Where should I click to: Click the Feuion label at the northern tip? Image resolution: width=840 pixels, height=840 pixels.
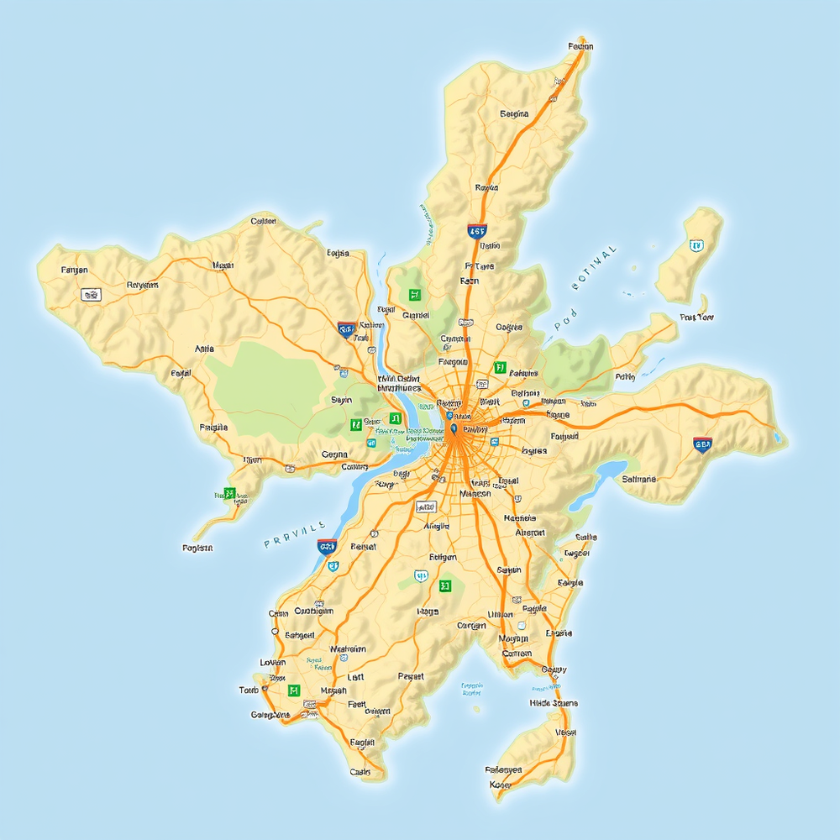pos(580,47)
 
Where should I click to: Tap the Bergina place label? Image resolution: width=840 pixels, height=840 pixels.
pos(514,113)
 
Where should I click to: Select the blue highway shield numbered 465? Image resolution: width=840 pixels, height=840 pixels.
pos(477,231)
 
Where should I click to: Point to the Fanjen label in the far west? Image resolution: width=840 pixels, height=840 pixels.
pos(75,270)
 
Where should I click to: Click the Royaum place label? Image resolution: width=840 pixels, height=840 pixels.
pos(142,285)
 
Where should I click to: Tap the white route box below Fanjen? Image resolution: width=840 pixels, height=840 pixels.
pos(90,295)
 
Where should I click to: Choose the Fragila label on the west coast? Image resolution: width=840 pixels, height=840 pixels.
pos(213,428)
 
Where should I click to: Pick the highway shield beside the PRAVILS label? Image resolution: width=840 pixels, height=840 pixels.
pos(327,546)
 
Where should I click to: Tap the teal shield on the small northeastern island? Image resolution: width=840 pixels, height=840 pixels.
pos(695,245)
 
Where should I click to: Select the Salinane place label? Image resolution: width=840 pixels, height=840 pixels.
pos(640,479)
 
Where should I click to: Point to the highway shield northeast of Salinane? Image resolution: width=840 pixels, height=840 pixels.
pos(702,444)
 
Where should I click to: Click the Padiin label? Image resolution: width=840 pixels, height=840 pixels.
pos(625,377)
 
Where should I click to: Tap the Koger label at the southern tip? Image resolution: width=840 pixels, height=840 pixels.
pos(500,785)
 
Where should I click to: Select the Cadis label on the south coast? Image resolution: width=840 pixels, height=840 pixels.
pos(360,771)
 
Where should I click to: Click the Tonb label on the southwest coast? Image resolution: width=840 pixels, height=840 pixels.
pos(249,690)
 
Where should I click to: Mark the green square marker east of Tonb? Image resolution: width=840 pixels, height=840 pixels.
pos(293,690)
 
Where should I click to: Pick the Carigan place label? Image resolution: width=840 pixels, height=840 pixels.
pos(471,625)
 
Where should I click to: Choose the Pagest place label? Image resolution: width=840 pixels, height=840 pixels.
pos(411,675)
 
